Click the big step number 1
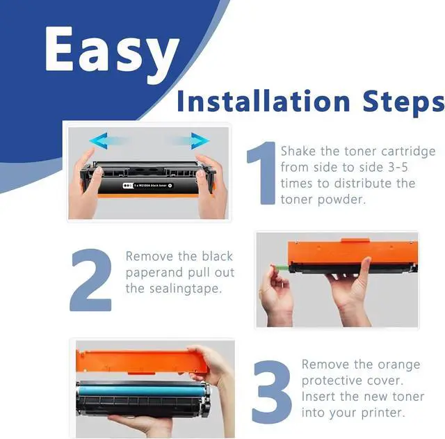click(x=262, y=173)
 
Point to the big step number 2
click(x=91, y=280)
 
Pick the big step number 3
click(x=272, y=392)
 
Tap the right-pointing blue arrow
click(x=190, y=141)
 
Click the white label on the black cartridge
click(x=147, y=186)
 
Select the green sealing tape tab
click(x=280, y=267)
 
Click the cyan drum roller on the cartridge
click(x=140, y=390)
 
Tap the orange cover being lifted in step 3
click(x=141, y=362)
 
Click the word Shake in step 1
click(x=298, y=151)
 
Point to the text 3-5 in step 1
click(x=398, y=167)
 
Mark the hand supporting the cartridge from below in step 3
click(x=142, y=424)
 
